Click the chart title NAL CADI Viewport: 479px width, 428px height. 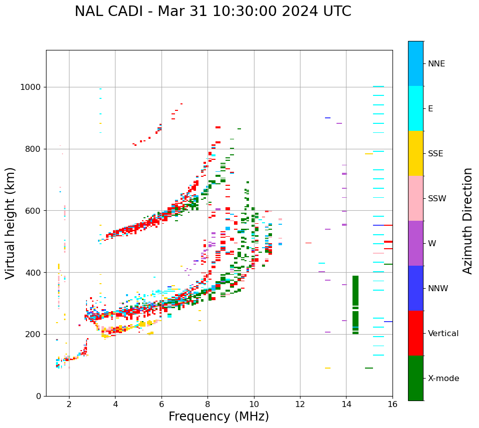point(212,11)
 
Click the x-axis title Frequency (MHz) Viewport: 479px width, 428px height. point(218,417)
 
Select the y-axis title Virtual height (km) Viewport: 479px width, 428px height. point(10,223)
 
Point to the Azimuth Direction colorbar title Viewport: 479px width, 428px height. point(467,221)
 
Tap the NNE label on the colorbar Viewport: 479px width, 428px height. point(436,64)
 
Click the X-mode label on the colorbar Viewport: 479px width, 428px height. point(443,379)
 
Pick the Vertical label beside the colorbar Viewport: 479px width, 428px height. point(443,334)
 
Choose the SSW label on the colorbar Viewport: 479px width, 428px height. point(437,199)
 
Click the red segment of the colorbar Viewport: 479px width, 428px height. point(415,333)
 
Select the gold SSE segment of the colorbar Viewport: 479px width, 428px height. point(415,153)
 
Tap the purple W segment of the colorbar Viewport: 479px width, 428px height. point(415,243)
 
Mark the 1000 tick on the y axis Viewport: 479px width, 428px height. point(32,87)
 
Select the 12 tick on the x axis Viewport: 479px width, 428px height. point(300,404)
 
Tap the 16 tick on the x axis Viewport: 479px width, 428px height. point(392,404)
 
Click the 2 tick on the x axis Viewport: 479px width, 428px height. point(69,404)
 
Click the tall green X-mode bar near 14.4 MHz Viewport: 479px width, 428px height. point(355,305)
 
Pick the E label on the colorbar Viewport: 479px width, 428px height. point(430,109)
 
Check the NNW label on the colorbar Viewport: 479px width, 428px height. point(438,289)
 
